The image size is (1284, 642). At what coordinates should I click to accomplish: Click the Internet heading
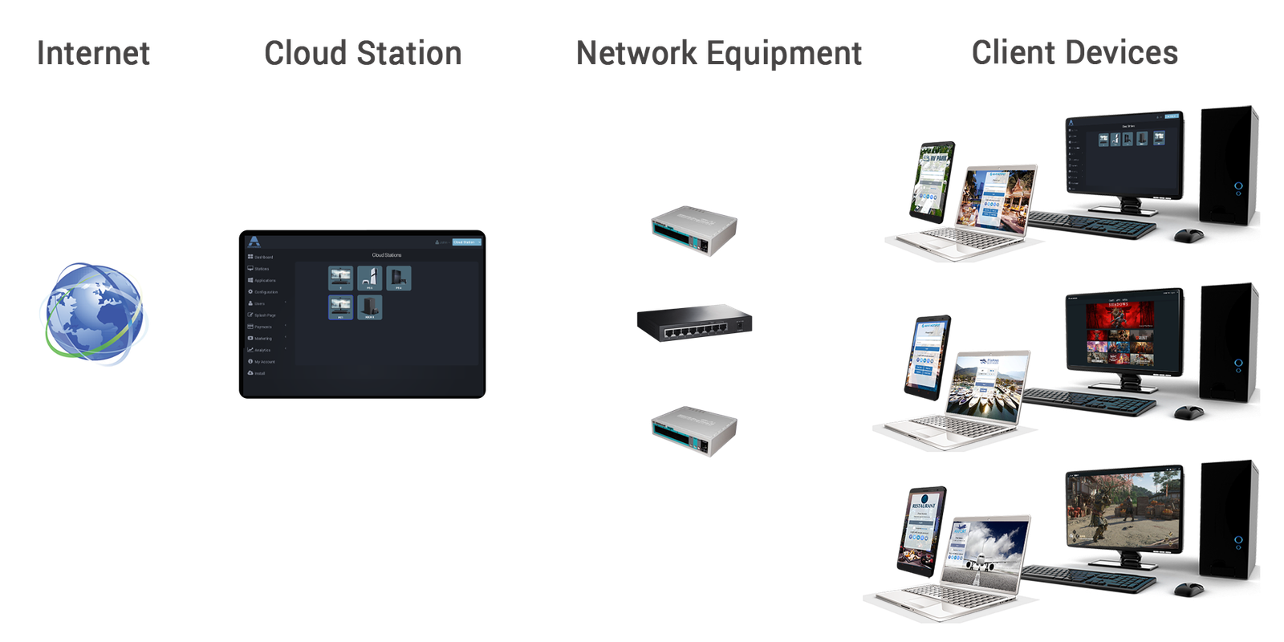[x=94, y=53]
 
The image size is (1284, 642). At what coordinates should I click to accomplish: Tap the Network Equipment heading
[x=719, y=53]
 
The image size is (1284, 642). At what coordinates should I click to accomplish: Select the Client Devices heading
[x=1075, y=53]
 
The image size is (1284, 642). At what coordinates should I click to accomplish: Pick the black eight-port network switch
[x=694, y=323]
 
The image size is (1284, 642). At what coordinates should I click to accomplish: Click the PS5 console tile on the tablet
[x=369, y=278]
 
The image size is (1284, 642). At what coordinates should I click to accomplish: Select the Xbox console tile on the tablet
[x=369, y=307]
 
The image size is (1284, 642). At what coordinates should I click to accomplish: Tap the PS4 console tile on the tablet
[x=399, y=278]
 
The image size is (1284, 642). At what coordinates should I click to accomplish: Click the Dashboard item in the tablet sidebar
[x=262, y=257]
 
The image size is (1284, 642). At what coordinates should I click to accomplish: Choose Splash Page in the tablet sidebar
[x=264, y=315]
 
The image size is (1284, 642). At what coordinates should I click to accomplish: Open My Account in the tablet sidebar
[x=264, y=361]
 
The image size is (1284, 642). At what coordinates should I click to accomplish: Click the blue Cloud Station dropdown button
[x=465, y=242]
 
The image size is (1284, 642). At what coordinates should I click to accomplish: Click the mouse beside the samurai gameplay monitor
[x=1188, y=590]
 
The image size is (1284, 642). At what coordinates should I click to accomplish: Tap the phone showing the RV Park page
[x=933, y=180]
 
